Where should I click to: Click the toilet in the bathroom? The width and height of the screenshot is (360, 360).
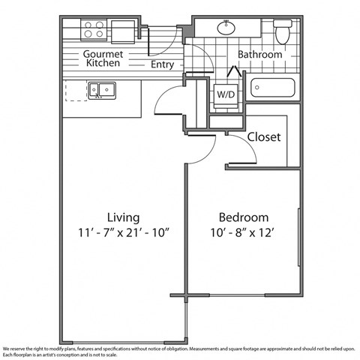(283, 32)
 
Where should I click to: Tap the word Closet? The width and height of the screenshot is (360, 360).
(263, 137)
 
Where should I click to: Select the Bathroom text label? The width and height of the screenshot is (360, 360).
(259, 55)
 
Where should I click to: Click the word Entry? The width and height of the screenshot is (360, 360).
(162, 64)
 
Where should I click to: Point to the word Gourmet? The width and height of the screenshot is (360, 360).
(103, 54)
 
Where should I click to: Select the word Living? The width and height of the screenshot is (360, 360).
(121, 214)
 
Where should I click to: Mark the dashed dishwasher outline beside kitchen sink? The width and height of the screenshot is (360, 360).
(76, 91)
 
